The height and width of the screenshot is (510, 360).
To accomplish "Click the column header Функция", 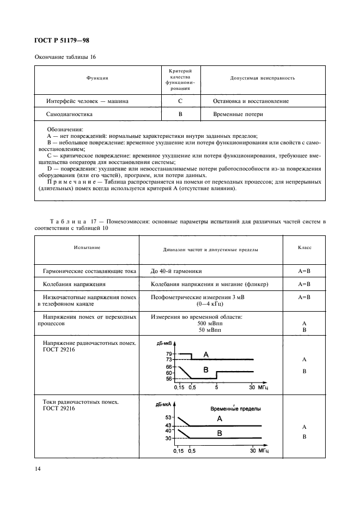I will point(97,78).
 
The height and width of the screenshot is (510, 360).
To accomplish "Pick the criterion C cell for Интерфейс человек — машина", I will point(180,101).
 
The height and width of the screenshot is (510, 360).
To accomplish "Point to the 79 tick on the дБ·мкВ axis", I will point(169,354).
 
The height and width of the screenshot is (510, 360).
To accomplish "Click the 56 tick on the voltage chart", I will point(169,379).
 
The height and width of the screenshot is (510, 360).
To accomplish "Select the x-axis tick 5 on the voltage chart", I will point(216,387).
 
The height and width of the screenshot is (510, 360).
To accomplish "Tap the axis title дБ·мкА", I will point(165,404).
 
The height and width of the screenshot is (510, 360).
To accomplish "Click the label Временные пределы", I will point(235,408).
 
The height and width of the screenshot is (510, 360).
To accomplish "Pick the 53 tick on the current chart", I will point(169,417).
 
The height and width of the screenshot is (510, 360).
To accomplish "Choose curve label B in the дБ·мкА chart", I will point(219,433).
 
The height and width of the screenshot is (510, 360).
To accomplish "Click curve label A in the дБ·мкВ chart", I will point(205,355).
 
